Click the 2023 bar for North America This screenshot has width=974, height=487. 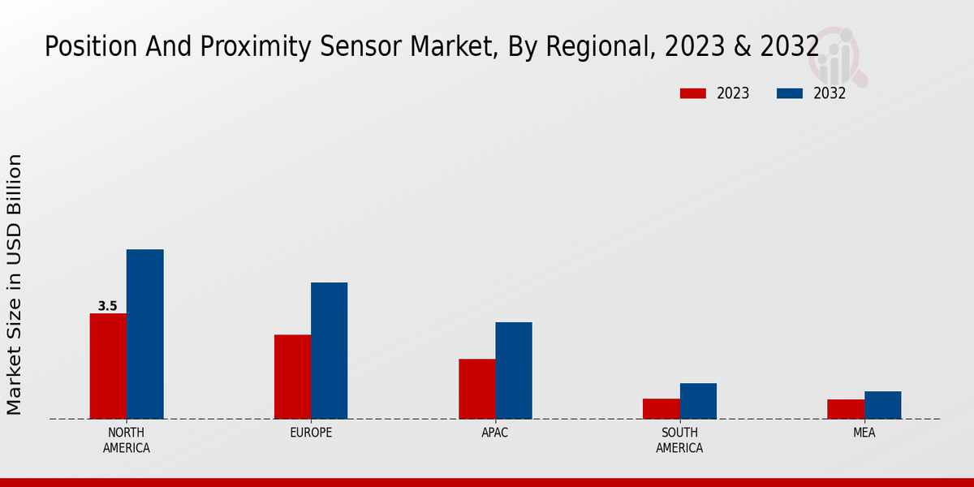[108, 366]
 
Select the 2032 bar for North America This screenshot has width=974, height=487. [144, 334]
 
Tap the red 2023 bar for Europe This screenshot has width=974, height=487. [292, 377]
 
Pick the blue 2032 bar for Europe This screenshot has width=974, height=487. [329, 351]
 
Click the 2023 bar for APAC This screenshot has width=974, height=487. [476, 389]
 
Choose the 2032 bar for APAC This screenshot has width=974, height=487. [514, 370]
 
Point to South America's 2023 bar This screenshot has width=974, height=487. [661, 408]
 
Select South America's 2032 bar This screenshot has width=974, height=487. [698, 401]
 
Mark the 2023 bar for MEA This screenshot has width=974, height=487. [846, 409]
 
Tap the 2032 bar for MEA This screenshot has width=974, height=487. [882, 405]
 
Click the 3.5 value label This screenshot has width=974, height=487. [108, 306]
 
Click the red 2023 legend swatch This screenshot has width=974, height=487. [692, 93]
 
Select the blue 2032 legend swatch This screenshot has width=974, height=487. [789, 93]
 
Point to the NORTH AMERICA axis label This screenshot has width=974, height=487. [127, 440]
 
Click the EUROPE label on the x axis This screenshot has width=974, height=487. [311, 433]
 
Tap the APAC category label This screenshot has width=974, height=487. [495, 433]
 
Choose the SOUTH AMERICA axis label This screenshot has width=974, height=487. [679, 440]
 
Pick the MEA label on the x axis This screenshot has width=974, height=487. [864, 433]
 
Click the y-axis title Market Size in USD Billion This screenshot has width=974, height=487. [15, 284]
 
